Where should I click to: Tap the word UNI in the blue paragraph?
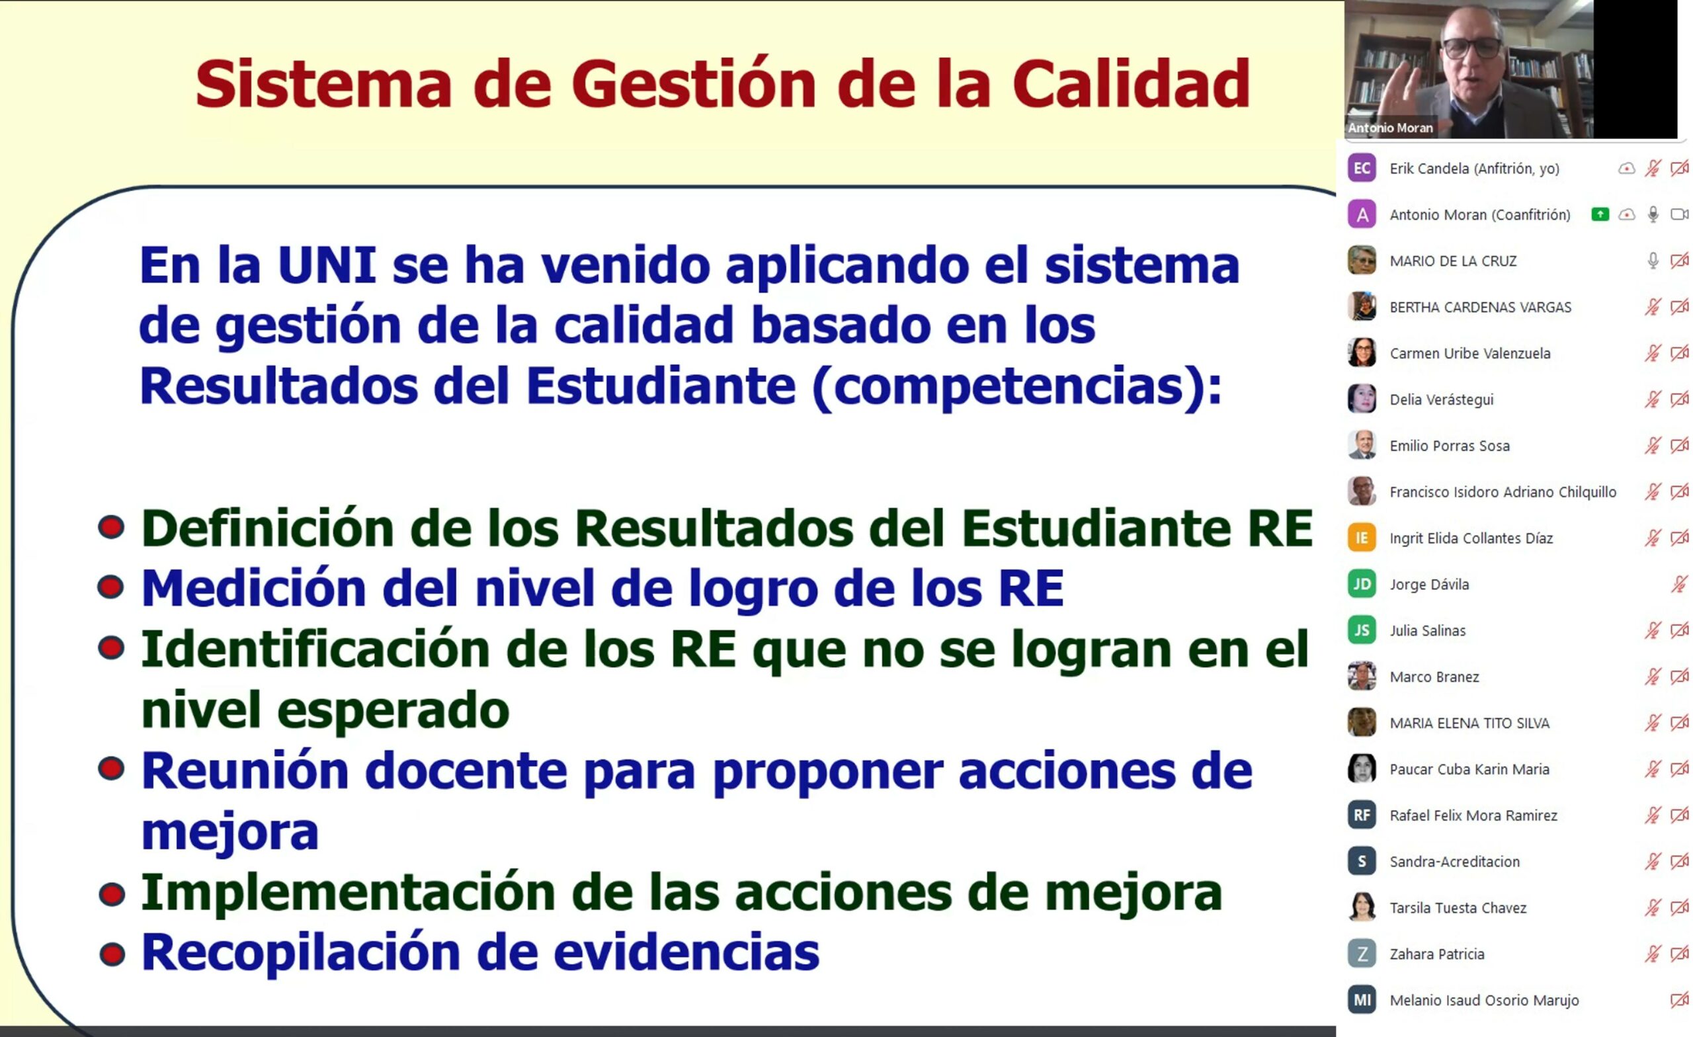pos(327,265)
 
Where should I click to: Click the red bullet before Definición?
pos(111,527)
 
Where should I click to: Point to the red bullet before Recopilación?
pos(112,954)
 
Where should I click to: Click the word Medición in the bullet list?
pos(253,588)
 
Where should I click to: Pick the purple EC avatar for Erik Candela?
pos(1361,168)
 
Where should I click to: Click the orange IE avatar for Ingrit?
pos(1361,538)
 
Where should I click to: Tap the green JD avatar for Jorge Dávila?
pos(1361,583)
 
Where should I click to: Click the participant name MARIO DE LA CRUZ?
pos(1452,261)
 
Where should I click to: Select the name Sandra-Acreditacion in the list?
pos(1454,862)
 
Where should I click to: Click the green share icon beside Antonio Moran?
pos(1600,214)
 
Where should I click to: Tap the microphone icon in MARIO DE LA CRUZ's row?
pos(1653,261)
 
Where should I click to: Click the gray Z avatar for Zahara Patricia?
pos(1361,953)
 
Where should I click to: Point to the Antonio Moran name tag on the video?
pos(1390,128)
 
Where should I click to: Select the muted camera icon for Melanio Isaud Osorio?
pos(1679,1000)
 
